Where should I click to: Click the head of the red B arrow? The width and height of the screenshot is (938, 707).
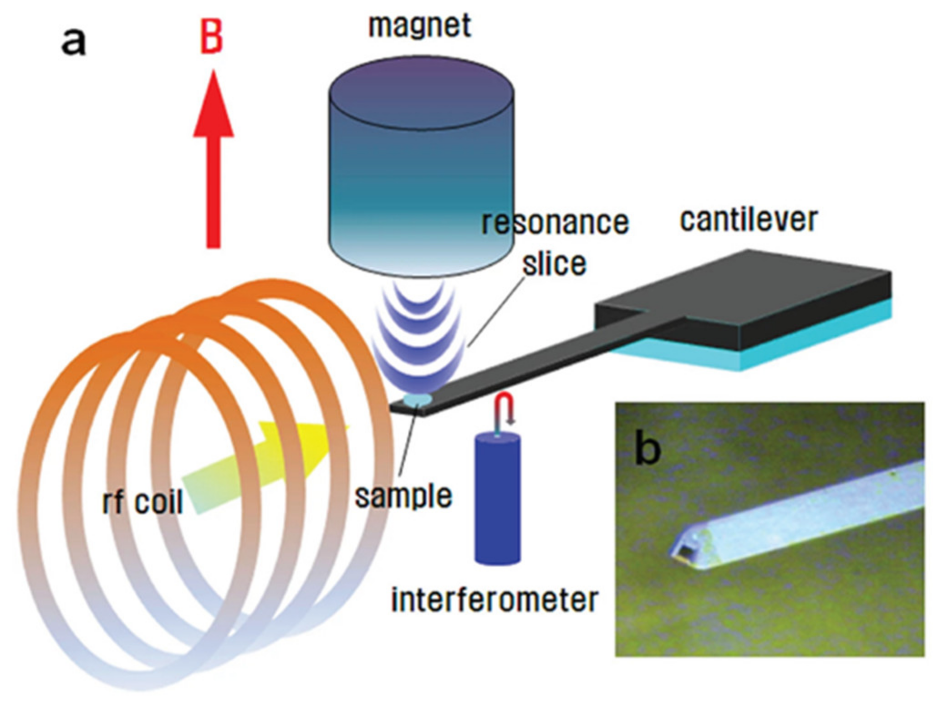pyautogui.click(x=214, y=109)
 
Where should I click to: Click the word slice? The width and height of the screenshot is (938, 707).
pyautogui.click(x=554, y=264)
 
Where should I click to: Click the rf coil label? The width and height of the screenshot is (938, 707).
pyautogui.click(x=143, y=502)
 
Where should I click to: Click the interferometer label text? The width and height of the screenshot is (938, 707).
pyautogui.click(x=494, y=600)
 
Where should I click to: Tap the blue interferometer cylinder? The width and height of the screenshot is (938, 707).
pyautogui.click(x=497, y=501)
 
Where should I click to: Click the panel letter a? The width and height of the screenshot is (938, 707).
pyautogui.click(x=73, y=41)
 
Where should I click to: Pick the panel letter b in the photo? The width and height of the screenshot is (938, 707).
pyautogui.click(x=647, y=449)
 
